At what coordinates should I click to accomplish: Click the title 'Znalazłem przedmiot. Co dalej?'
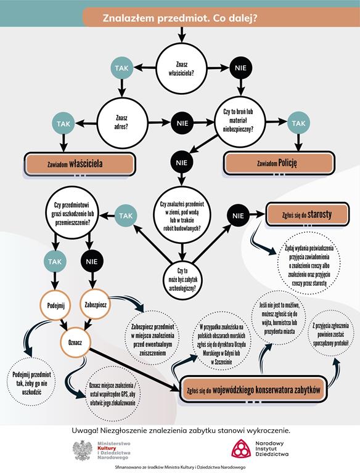[180, 18]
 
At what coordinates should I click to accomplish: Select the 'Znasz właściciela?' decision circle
[181, 68]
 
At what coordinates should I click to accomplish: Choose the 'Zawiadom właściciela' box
[80, 164]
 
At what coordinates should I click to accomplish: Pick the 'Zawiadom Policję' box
[279, 163]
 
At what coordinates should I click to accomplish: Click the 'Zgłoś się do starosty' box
[307, 214]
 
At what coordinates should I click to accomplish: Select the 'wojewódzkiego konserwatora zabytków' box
[253, 389]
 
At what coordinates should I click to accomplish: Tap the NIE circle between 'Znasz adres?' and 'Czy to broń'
[182, 123]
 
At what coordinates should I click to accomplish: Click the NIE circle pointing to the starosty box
[239, 216]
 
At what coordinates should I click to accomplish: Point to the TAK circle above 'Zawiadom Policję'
[298, 123]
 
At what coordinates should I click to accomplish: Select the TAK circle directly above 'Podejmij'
[55, 261]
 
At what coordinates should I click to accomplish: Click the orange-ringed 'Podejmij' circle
[55, 305]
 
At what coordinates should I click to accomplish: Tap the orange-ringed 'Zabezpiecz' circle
[96, 304]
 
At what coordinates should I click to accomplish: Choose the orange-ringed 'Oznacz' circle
[75, 342]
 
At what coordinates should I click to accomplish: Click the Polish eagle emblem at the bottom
[83, 450]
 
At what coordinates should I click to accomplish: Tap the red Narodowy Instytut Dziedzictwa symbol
[241, 448]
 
